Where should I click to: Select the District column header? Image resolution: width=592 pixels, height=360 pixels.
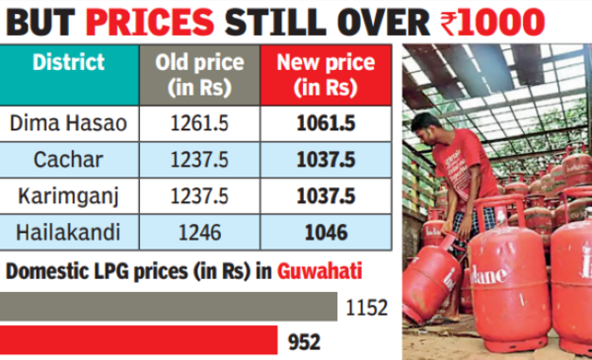pos(69,63)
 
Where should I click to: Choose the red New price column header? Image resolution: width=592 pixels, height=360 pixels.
pos(325,75)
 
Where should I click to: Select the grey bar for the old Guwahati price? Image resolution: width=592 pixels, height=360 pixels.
pos(168,307)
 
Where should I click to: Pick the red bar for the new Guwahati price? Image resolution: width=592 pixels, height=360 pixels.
pos(138,341)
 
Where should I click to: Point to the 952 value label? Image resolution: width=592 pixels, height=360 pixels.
pos(304,342)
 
